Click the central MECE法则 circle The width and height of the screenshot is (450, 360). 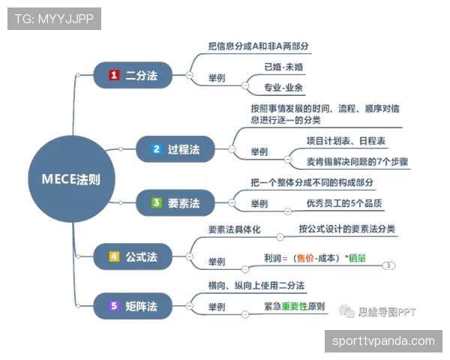point(71,179)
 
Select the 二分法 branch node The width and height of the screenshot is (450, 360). point(133,75)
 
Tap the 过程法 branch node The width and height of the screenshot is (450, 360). point(175,149)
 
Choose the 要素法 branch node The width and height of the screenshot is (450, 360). point(175,203)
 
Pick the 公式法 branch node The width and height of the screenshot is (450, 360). point(133,256)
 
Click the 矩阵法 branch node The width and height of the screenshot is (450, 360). point(133,306)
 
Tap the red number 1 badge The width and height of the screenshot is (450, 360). point(114,75)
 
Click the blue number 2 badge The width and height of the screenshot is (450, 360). point(157,149)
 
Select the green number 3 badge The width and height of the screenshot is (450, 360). point(157,202)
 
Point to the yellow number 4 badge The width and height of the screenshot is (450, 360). point(114,256)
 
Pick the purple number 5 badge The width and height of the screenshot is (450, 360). point(114,306)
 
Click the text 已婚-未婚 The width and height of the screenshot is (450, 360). point(283,67)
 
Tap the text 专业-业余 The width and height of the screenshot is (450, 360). point(283,88)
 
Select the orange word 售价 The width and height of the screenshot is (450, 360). point(305,258)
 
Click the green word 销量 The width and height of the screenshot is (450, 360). point(357,258)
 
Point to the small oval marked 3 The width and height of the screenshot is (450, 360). point(388,265)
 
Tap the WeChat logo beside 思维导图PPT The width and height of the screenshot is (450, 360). point(346,311)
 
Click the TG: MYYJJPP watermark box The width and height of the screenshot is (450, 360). point(54,19)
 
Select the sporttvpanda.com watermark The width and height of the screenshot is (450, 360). point(383,341)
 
